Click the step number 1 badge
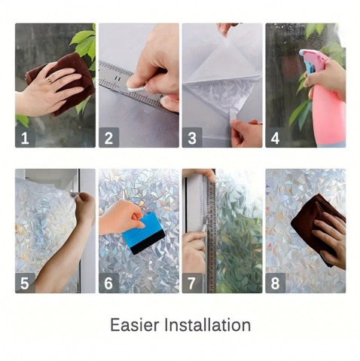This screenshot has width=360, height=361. (x=25, y=137)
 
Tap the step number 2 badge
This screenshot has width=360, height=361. (x=108, y=137)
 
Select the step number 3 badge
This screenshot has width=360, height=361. (x=192, y=137)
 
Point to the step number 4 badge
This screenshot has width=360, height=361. (x=276, y=137)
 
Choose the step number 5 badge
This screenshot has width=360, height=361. (x=25, y=283)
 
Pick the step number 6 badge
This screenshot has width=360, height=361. (x=108, y=283)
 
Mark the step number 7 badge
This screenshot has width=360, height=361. (x=192, y=283)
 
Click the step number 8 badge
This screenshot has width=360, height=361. (x=276, y=283)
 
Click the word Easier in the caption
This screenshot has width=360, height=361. (x=135, y=325)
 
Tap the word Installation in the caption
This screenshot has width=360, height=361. (x=208, y=325)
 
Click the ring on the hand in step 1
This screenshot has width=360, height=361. (x=50, y=81)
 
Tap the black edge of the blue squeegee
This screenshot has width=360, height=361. (x=148, y=245)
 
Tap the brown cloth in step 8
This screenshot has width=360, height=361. (x=316, y=226)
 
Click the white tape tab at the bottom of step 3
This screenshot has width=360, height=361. (x=233, y=116)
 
